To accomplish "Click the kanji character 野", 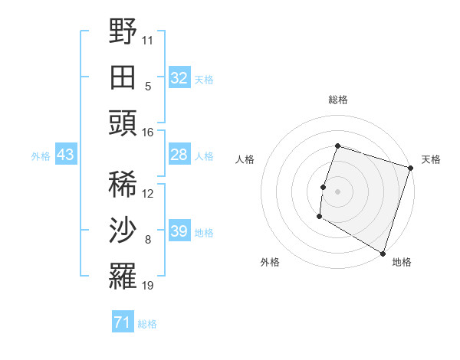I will click(x=123, y=33).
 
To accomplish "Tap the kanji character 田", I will click(x=123, y=77).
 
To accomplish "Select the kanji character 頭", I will click(x=123, y=123).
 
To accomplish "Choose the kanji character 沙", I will click(x=123, y=231).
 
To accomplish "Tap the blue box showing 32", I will click(x=179, y=78).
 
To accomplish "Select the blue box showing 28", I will click(x=179, y=155).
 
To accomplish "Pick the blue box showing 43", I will click(x=66, y=155).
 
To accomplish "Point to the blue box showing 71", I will click(x=123, y=323).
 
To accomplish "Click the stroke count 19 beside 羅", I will click(x=149, y=286).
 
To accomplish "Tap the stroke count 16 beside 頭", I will click(x=149, y=132).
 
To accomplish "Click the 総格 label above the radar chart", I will click(x=338, y=100).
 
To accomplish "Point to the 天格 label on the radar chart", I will click(x=431, y=159).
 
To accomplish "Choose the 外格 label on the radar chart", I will click(x=270, y=262).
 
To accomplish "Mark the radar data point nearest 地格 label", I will click(x=382, y=253).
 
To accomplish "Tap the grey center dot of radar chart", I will click(x=337, y=191).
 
